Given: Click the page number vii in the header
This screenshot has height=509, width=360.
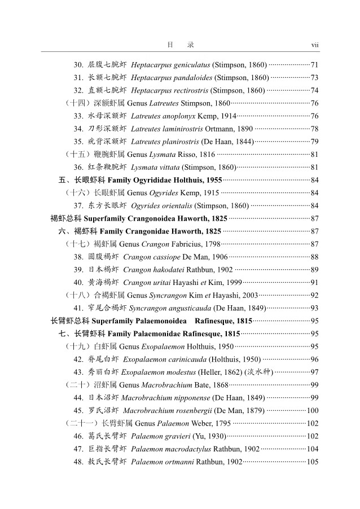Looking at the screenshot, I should tap(315, 44).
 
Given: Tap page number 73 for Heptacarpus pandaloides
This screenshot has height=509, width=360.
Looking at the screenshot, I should tap(315, 78).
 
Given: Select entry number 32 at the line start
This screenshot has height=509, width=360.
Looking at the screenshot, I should tap(78, 90).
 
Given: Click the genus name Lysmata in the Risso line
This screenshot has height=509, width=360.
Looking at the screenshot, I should tap(161, 154).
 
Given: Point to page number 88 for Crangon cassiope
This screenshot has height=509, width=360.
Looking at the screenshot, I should tap(315, 257).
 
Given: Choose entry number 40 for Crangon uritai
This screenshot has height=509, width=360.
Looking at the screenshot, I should tap(78, 282).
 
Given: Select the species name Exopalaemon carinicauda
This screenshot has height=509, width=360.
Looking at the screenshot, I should tap(164, 359).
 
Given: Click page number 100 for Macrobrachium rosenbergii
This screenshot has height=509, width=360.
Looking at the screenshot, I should tap(313, 410).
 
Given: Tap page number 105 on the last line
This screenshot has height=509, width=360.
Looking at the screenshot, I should tap(313, 462).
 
